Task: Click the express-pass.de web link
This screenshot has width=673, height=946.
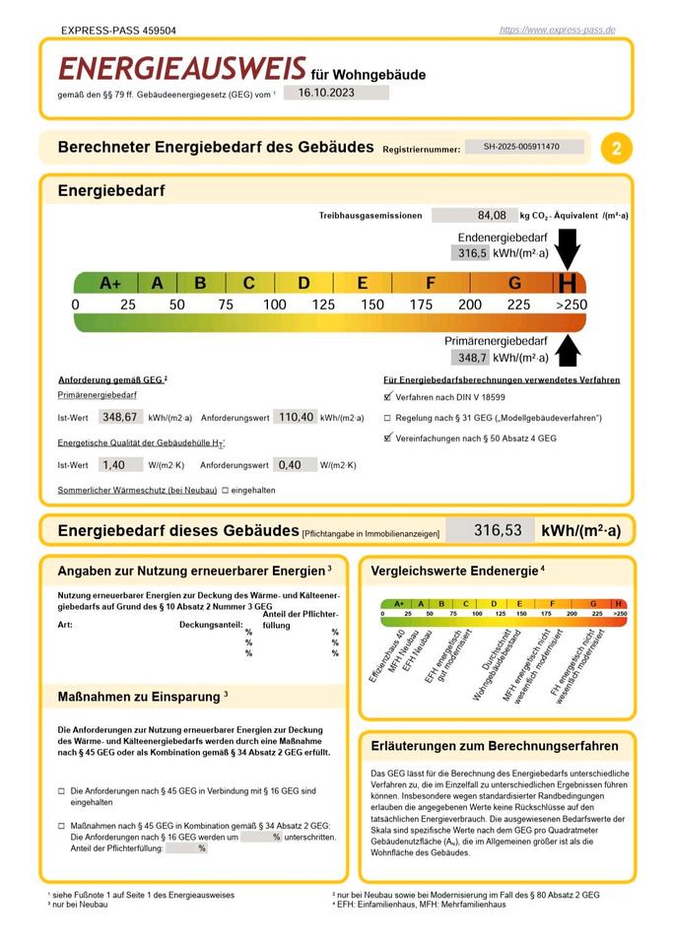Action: tap(558, 30)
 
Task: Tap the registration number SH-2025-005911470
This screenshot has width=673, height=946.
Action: tap(521, 147)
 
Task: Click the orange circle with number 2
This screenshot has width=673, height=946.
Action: tap(617, 149)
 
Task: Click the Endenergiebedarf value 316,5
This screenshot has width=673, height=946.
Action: tap(472, 253)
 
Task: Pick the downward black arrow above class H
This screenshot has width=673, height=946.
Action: tap(569, 248)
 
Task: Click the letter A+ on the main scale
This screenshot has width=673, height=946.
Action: tap(110, 284)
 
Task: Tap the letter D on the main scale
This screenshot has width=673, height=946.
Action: tap(303, 284)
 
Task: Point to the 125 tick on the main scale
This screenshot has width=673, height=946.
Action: tap(323, 304)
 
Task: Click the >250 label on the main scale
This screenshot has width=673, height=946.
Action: tap(572, 304)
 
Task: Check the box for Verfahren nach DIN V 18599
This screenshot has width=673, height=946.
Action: tap(387, 397)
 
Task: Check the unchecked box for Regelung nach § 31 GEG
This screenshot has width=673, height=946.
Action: tap(387, 417)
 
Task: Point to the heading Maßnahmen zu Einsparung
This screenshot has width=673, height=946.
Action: tap(143, 697)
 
